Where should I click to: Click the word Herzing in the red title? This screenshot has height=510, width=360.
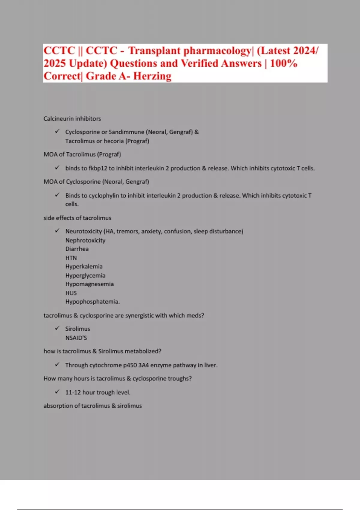point(152,76)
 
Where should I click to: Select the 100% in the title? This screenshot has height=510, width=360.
point(284,64)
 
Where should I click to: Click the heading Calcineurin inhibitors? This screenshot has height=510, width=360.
point(72,118)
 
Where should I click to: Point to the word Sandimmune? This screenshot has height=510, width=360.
point(126,132)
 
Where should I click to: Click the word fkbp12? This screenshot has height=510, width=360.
point(98,168)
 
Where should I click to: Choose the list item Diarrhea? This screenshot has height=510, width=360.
point(77,249)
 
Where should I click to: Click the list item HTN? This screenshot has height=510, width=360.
point(71,258)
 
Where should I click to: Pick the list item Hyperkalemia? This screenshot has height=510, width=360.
point(84,266)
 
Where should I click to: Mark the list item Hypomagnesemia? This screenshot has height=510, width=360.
point(89,284)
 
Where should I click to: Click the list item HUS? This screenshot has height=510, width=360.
point(71,293)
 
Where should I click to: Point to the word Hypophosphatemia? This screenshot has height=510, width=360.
point(92,302)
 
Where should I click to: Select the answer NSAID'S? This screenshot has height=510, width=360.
point(76,338)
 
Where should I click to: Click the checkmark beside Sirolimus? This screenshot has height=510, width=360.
point(57,328)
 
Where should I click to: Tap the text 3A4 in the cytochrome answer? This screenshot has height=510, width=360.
point(143,365)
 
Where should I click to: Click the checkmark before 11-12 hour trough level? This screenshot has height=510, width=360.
point(57,392)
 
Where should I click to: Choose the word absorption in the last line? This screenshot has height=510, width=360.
point(58,406)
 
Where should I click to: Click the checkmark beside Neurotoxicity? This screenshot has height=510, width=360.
point(57,231)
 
